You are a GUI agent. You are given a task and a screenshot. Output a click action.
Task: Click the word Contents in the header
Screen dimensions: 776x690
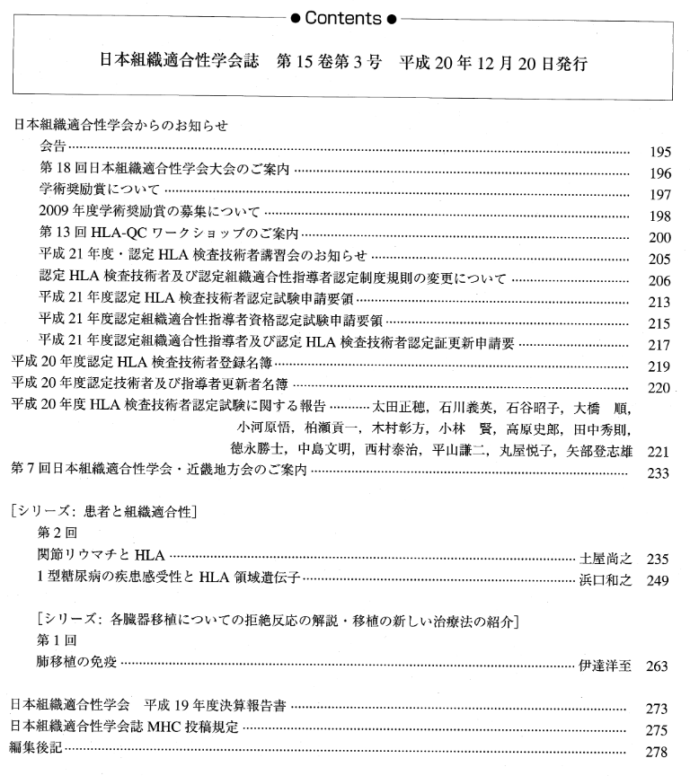click(x=345, y=15)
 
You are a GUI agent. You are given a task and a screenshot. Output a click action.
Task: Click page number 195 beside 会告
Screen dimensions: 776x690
click(x=659, y=153)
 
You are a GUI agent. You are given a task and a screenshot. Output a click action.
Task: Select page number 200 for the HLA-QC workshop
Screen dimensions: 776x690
click(x=659, y=238)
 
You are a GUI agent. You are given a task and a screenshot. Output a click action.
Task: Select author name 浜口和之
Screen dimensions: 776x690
click(x=606, y=580)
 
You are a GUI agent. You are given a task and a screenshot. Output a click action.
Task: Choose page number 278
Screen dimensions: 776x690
click(x=659, y=749)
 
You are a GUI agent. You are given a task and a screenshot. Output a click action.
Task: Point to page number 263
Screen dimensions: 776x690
click(x=659, y=666)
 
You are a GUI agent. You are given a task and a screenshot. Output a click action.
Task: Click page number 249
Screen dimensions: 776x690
click(x=659, y=581)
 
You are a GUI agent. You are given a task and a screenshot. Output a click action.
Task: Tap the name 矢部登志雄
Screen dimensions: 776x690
click(x=606, y=451)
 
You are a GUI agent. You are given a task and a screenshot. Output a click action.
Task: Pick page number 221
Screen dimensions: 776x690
click(x=659, y=452)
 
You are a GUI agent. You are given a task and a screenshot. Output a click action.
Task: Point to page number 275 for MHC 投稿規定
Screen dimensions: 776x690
click(x=659, y=727)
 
